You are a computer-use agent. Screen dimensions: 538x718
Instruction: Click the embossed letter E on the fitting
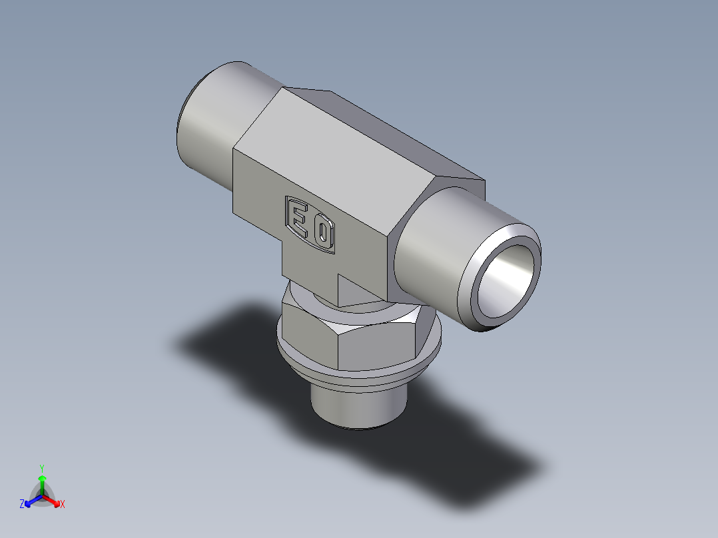[298, 216]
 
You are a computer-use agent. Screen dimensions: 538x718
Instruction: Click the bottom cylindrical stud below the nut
[358, 406]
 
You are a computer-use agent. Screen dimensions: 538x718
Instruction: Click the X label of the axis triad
[63, 504]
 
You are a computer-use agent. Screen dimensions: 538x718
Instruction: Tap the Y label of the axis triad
[41, 467]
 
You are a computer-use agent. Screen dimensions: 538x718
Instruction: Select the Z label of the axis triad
[22, 504]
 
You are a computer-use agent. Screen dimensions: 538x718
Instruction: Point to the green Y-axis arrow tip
[42, 478]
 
